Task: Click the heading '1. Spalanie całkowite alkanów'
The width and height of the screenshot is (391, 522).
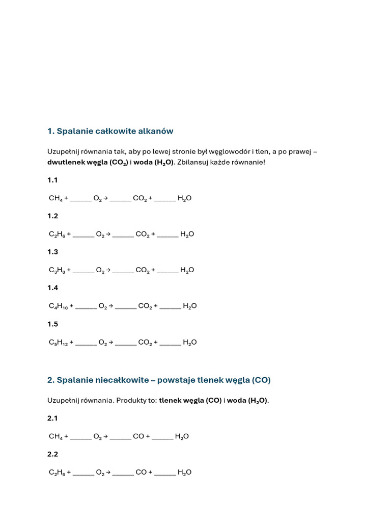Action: [110, 131]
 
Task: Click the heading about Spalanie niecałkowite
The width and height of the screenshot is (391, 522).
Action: [159, 380]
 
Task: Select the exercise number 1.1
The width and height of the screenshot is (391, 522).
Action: [53, 180]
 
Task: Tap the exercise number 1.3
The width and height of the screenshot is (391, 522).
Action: [53, 252]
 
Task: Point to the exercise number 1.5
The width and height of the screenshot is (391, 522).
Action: [53, 324]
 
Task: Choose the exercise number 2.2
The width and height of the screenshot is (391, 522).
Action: [53, 454]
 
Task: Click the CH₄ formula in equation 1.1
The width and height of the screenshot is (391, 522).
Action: [55, 198]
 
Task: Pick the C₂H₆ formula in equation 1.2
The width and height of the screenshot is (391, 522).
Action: [57, 234]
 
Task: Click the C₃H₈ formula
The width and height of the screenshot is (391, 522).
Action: [57, 270]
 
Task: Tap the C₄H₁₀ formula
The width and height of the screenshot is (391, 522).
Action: [58, 306]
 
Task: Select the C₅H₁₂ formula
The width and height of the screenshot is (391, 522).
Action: [58, 343]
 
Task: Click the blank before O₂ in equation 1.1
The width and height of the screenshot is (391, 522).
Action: [81, 199]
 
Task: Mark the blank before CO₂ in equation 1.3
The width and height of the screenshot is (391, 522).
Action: [123, 271]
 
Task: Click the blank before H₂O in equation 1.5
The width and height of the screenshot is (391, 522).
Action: [170, 343]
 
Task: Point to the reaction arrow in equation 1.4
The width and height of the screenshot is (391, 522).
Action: [110, 306]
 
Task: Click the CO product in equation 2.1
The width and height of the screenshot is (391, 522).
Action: [138, 436]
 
